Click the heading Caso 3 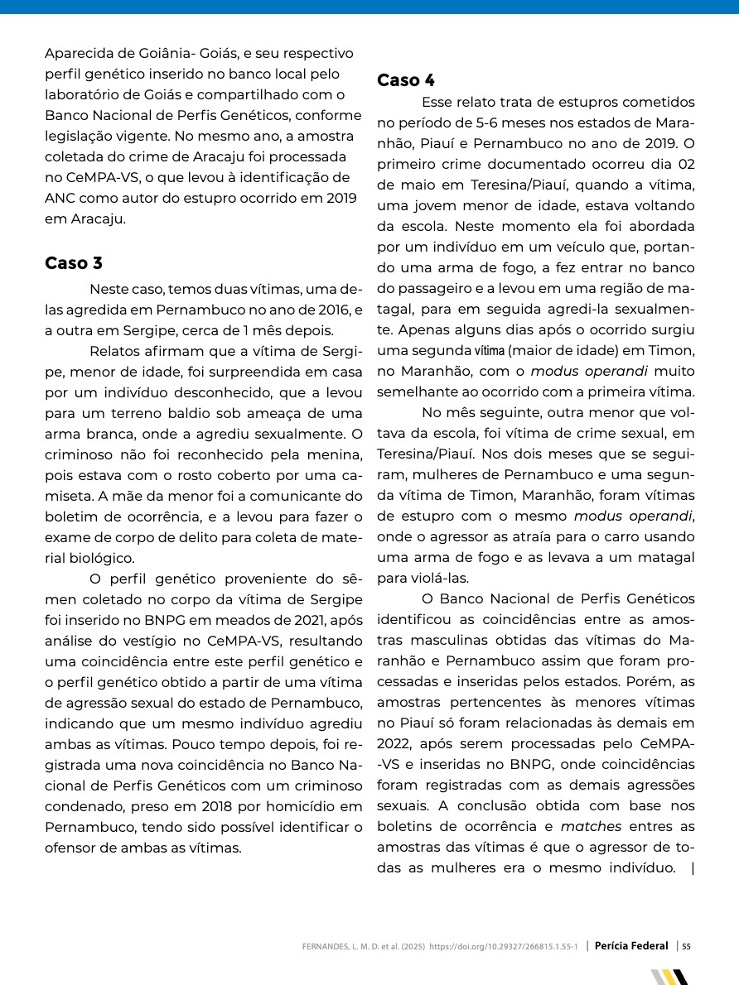pyautogui.click(x=74, y=263)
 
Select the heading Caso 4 pyautogui.click(x=406, y=80)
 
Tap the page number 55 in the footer pyautogui.click(x=686, y=946)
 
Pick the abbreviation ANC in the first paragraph pyautogui.click(x=60, y=199)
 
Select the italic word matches pyautogui.click(x=591, y=826)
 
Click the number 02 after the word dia pyautogui.click(x=681, y=165)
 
